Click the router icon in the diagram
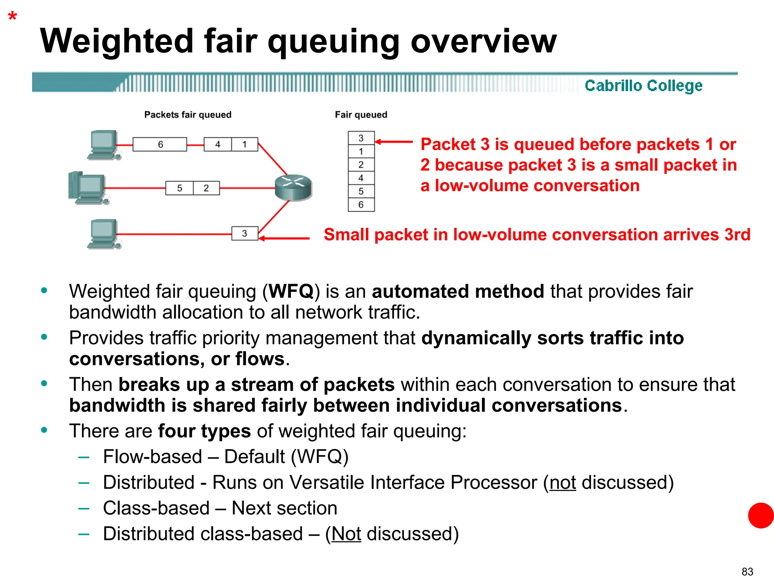tap(293, 187)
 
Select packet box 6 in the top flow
tap(160, 144)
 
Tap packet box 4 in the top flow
tap(218, 144)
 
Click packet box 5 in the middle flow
tap(180, 188)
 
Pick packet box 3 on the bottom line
tap(245, 233)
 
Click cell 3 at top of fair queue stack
tap(361, 138)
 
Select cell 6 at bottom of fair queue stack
tap(361, 205)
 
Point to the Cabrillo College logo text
tap(643, 86)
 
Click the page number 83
tap(747, 572)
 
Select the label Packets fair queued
tap(187, 115)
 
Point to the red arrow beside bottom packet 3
tap(284, 238)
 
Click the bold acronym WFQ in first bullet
tap(291, 292)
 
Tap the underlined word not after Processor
tap(562, 483)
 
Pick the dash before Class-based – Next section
tap(84, 508)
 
